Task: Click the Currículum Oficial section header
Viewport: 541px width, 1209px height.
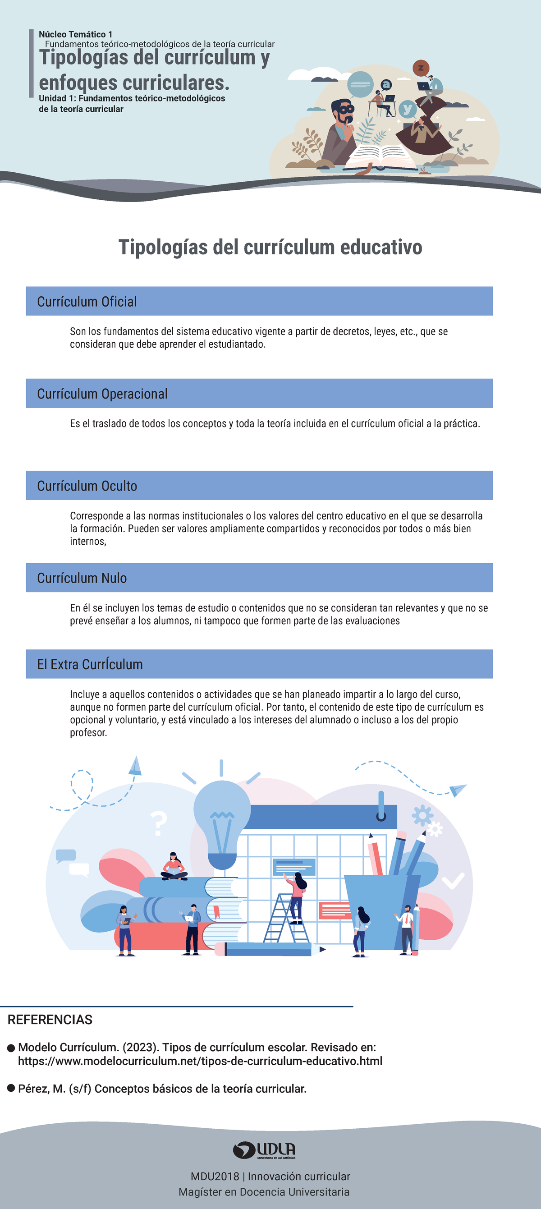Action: pos(259,301)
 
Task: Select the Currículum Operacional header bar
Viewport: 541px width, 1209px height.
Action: pos(259,393)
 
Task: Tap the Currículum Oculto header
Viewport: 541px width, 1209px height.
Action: pos(259,485)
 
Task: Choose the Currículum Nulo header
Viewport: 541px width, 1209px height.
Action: pos(259,577)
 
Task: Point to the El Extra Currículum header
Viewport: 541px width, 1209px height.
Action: pos(259,664)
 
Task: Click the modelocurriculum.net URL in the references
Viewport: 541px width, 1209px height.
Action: pos(200,1061)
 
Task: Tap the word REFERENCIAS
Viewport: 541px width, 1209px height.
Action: pos(50,1020)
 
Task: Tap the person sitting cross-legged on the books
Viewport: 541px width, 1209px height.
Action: pos(174,866)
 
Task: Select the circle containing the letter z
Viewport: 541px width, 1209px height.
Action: pos(421,68)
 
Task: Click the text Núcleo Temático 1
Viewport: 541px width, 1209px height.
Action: pos(76,34)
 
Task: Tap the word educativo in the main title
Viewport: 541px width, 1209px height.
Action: pos(381,247)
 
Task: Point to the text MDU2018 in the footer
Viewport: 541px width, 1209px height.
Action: pos(215,1176)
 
